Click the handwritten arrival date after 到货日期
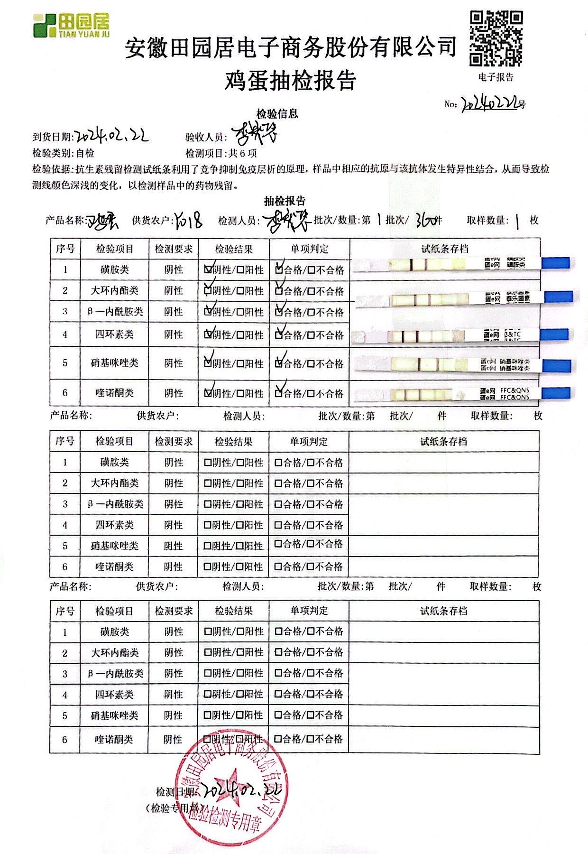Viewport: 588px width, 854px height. tap(112, 136)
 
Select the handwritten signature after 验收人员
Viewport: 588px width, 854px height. tap(255, 135)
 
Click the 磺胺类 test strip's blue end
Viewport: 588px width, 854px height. tap(555, 263)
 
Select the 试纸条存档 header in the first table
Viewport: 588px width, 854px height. tap(444, 249)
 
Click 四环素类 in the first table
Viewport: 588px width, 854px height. tap(114, 334)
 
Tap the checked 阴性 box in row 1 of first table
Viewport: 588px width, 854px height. tap(208, 269)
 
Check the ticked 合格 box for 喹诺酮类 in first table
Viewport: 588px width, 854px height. tap(279, 393)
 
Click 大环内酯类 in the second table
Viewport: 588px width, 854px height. tap(114, 483)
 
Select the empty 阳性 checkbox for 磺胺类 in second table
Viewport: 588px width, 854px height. tap(240, 462)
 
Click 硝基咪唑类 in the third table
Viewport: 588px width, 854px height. tap(114, 715)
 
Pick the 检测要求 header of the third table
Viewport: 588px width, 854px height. tap(174, 611)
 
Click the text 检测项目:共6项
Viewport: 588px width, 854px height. tap(221, 153)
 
